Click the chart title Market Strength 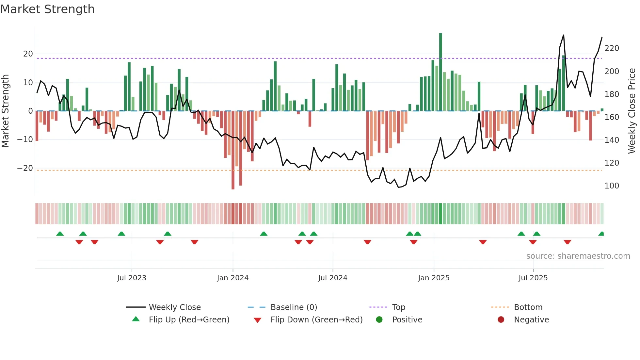pyautogui.click(x=47, y=9)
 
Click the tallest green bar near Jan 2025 pyautogui.click(x=440, y=72)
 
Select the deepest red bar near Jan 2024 pyautogui.click(x=233, y=150)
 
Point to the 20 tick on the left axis pyautogui.click(x=28, y=54)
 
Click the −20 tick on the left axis pyautogui.click(x=25, y=168)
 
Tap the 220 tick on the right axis pyautogui.click(x=612, y=48)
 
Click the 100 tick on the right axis pyautogui.click(x=612, y=186)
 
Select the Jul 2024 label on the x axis pyautogui.click(x=332, y=278)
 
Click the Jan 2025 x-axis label pyautogui.click(x=433, y=278)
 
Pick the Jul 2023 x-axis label pyautogui.click(x=132, y=278)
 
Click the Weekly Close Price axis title pyautogui.click(x=632, y=111)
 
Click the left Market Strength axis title pyautogui.click(x=5, y=111)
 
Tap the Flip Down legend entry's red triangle pyautogui.click(x=257, y=320)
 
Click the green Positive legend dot pyautogui.click(x=379, y=320)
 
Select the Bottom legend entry pyautogui.click(x=528, y=307)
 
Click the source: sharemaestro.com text pyautogui.click(x=578, y=256)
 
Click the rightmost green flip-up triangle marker pyautogui.click(x=601, y=234)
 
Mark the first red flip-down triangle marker pyautogui.click(x=79, y=242)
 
